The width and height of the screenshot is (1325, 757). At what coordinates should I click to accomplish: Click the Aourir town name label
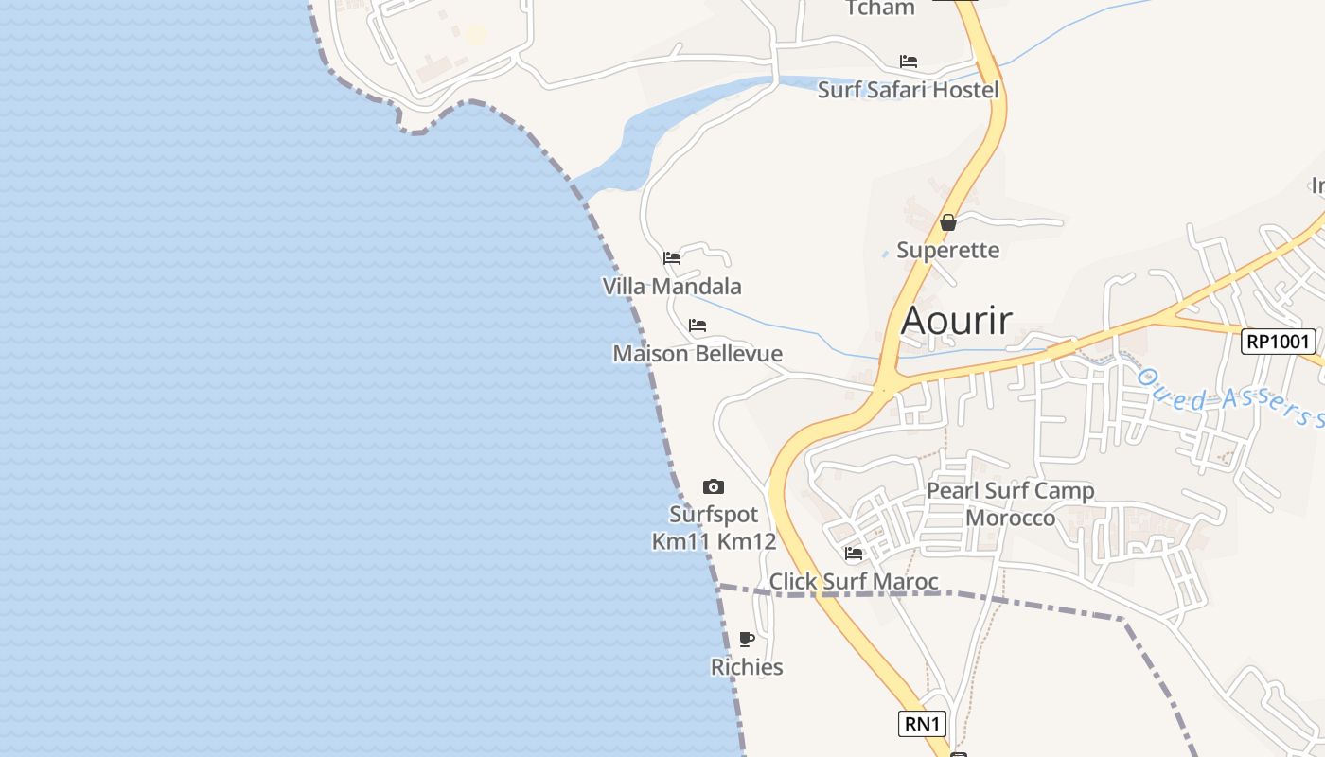tap(957, 321)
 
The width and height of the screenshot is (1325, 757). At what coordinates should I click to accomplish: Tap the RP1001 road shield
tap(1279, 342)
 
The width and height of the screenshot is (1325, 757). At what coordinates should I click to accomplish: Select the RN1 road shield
tap(922, 725)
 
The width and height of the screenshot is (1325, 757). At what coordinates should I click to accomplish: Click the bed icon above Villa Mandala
tap(672, 257)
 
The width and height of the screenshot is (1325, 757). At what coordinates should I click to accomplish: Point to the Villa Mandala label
tap(672, 286)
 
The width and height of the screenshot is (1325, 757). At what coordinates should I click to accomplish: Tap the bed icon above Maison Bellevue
tap(698, 326)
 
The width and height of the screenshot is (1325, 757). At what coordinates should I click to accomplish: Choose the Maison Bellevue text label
tap(698, 354)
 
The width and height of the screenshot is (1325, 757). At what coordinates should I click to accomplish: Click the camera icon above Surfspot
tap(714, 487)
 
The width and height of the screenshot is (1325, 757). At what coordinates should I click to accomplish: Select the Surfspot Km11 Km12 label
tap(714, 528)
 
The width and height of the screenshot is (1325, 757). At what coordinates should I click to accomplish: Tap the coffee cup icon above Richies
tap(747, 639)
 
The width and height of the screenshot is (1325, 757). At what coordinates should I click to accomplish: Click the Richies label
tap(747, 667)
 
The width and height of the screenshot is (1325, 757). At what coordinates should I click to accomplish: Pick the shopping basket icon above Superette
tap(947, 223)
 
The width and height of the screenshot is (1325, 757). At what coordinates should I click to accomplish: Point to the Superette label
tap(947, 251)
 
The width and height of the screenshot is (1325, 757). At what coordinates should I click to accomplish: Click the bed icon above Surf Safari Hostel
tap(909, 62)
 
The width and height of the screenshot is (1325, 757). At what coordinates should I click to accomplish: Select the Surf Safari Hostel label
tap(908, 90)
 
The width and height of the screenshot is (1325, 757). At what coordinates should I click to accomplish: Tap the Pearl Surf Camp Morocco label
tap(1010, 504)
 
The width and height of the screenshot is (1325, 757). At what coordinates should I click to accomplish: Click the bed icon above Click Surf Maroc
tap(854, 554)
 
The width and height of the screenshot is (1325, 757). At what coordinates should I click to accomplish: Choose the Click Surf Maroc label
tap(854, 582)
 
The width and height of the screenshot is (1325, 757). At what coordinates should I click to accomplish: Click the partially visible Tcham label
tap(880, 9)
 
